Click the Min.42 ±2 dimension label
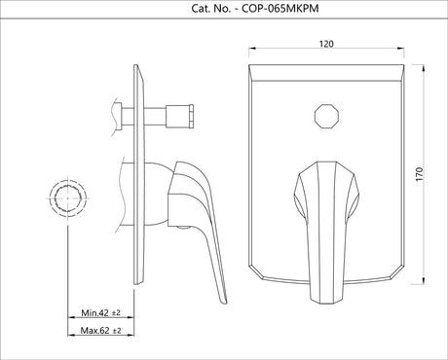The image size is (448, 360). pos(99,312)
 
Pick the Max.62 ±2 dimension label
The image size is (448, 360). pos(99,331)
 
